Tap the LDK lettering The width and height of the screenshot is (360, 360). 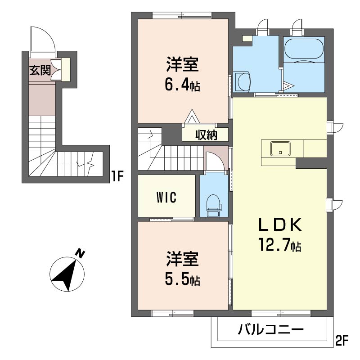click(279, 224)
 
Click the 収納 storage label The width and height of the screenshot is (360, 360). click(206, 134)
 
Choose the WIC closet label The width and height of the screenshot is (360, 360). click(166, 197)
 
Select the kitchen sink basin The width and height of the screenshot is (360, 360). click(280, 148)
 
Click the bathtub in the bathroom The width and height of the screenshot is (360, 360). click(303, 47)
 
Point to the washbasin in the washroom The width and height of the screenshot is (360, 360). click(243, 82)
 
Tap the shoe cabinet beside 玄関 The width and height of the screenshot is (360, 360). click(66, 68)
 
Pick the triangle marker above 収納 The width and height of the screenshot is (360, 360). click(192, 117)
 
